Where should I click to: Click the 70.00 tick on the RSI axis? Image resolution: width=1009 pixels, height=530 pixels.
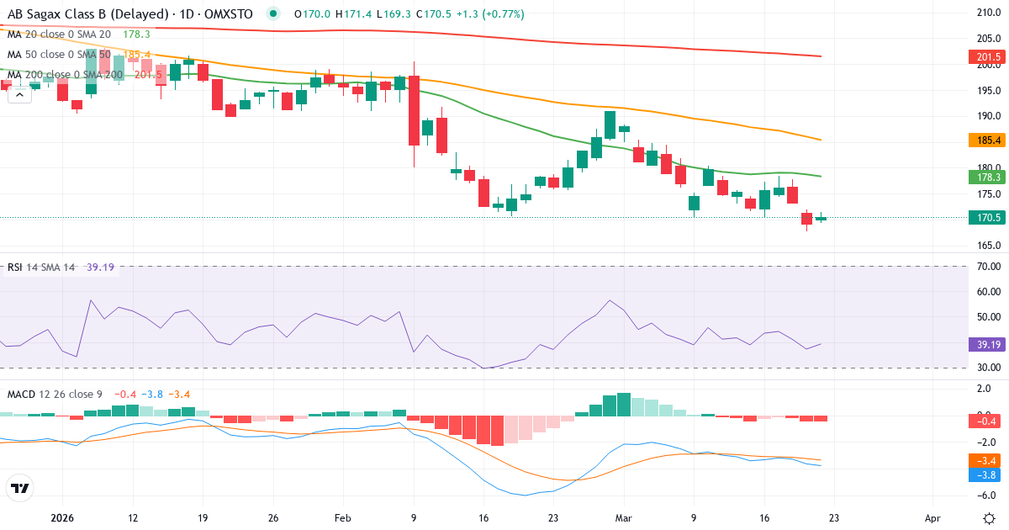point(989,267)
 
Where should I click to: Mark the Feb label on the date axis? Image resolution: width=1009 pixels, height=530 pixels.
point(342,518)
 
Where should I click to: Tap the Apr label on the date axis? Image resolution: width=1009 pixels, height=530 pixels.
point(932,518)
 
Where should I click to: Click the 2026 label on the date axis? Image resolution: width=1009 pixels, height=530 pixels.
point(63,518)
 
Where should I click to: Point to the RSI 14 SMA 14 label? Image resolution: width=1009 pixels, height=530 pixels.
point(41,268)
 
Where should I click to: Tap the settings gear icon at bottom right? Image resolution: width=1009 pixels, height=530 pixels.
point(990,517)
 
